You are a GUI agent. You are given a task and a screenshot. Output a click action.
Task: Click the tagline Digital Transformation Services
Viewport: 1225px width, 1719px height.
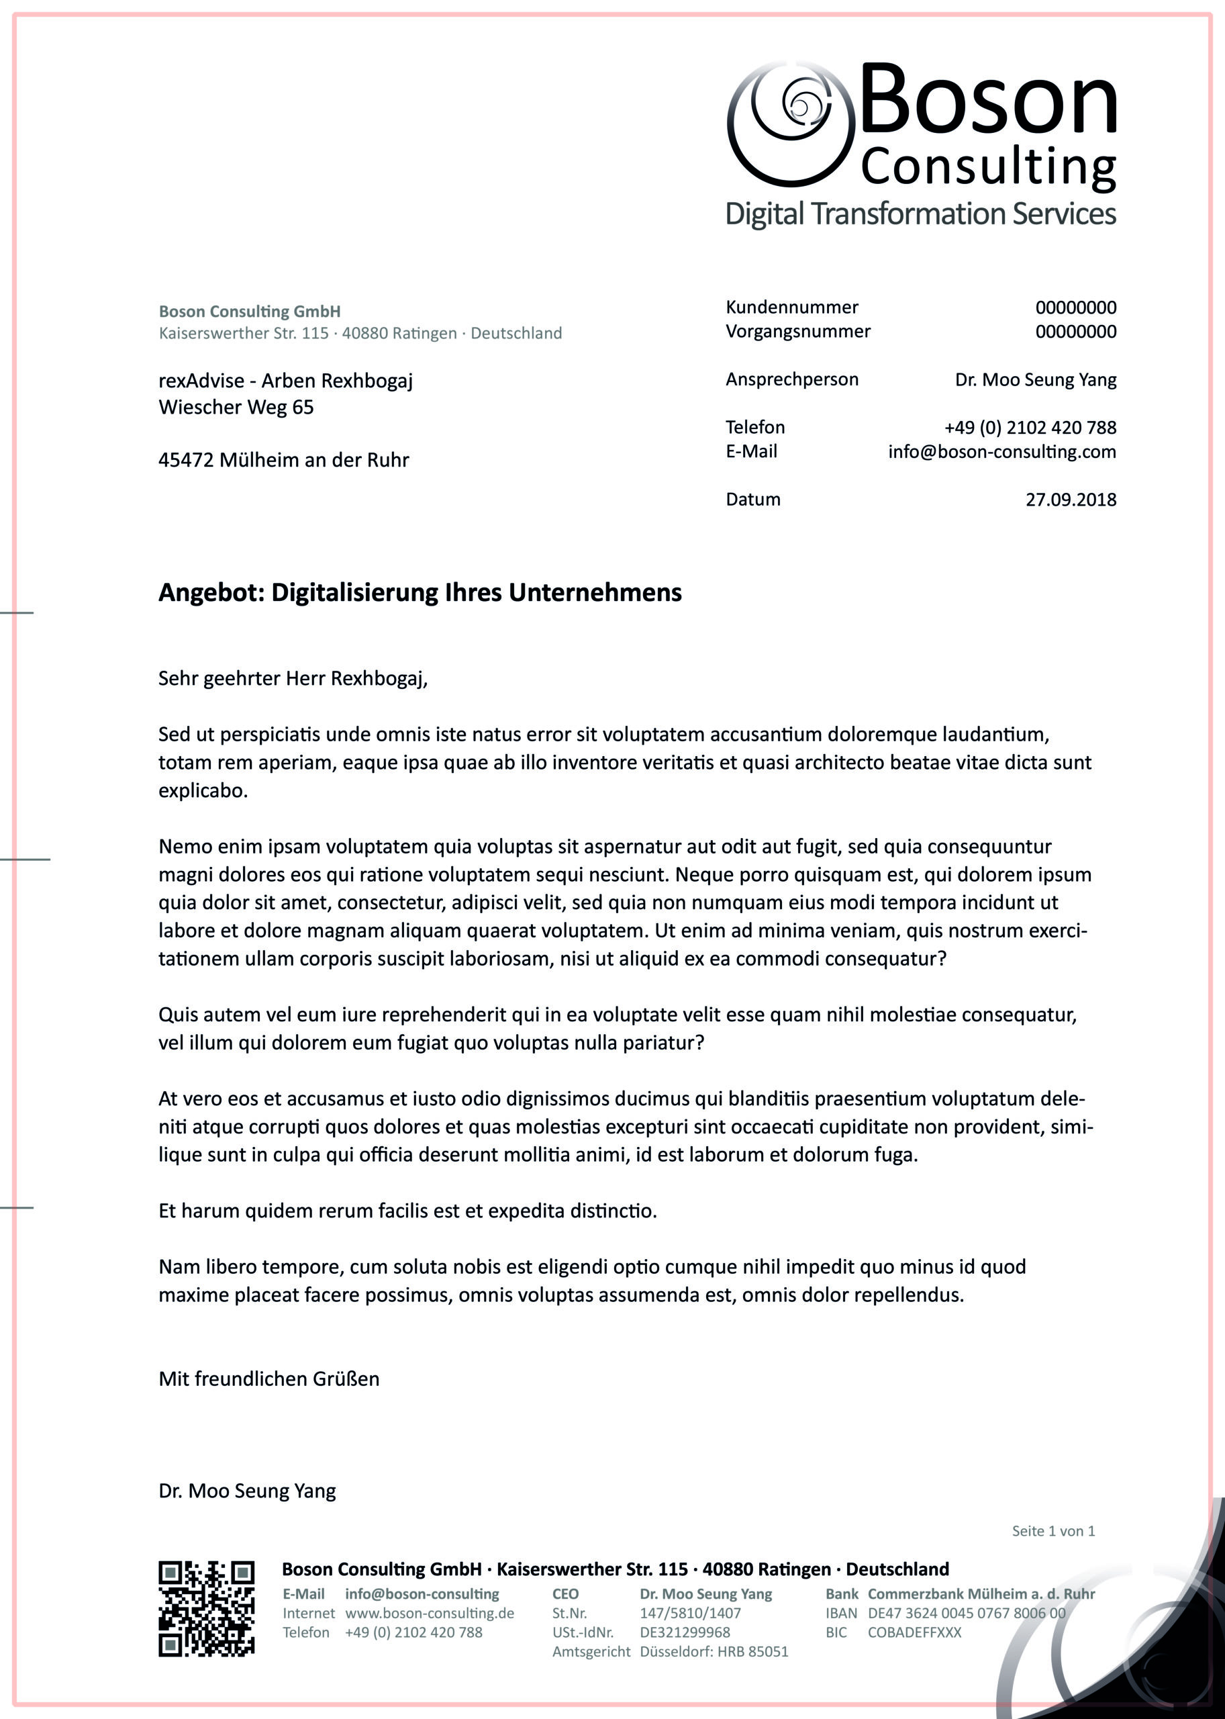point(920,214)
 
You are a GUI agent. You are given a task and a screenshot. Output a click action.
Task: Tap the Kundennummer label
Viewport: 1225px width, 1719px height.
point(791,307)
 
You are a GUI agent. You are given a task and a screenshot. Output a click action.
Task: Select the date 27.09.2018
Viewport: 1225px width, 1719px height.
point(1071,500)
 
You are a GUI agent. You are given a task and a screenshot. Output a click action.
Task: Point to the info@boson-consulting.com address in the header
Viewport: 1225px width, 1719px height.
point(1001,452)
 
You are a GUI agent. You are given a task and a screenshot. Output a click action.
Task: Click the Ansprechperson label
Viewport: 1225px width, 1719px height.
point(791,379)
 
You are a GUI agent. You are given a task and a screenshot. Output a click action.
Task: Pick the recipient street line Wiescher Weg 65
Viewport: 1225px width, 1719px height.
point(236,408)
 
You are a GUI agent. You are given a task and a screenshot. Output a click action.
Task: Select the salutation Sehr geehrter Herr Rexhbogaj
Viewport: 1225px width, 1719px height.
point(293,678)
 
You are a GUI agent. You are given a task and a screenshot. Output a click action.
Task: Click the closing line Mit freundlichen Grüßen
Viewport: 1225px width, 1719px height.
point(268,1379)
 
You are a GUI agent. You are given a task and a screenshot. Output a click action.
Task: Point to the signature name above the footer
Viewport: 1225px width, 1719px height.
point(246,1490)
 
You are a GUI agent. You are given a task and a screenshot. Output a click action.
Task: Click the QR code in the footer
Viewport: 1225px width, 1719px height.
point(206,1608)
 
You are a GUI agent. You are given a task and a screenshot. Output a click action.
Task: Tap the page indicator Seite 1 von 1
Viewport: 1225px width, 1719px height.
point(1053,1530)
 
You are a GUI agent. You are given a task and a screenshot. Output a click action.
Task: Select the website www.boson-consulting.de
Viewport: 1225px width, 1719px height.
point(429,1613)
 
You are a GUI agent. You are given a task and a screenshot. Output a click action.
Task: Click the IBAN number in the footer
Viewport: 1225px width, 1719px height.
point(967,1613)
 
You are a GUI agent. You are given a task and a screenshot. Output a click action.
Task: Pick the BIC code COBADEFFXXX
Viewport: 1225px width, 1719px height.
point(914,1632)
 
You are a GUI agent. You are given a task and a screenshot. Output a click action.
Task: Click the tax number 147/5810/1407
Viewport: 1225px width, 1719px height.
point(690,1613)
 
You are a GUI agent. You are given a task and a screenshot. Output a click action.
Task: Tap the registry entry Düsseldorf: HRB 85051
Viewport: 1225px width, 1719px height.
point(714,1652)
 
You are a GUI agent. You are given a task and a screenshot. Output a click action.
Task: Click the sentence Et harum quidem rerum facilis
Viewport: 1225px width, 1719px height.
point(407,1211)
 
